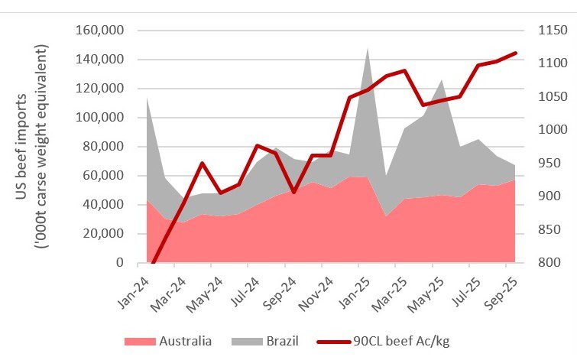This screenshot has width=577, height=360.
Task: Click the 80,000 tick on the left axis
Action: [104, 147]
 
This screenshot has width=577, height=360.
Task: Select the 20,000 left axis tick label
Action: [104, 234]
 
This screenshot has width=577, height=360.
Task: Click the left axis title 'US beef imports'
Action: [23, 145]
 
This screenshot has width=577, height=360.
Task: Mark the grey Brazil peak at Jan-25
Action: [368, 49]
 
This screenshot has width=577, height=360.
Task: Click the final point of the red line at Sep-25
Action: [514, 54]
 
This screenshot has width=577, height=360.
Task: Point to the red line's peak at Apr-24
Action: [202, 163]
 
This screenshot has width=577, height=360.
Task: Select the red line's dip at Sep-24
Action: [294, 192]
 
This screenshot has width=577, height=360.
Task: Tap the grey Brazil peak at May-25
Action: [441, 79]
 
